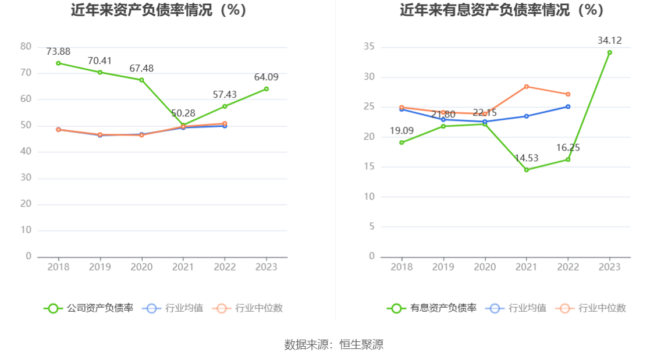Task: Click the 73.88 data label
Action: (x=58, y=51)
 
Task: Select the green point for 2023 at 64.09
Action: (x=267, y=89)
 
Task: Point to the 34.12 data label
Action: (x=609, y=40)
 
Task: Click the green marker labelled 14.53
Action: (x=527, y=170)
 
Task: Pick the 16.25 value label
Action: (x=568, y=148)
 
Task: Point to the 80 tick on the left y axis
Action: (x=26, y=47)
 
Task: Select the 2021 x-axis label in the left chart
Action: (x=183, y=267)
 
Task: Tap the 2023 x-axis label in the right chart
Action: (x=609, y=267)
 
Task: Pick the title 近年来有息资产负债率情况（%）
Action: (x=502, y=10)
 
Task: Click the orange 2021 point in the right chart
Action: (x=527, y=87)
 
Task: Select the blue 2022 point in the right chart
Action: (x=568, y=106)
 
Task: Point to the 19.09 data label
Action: (x=401, y=131)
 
